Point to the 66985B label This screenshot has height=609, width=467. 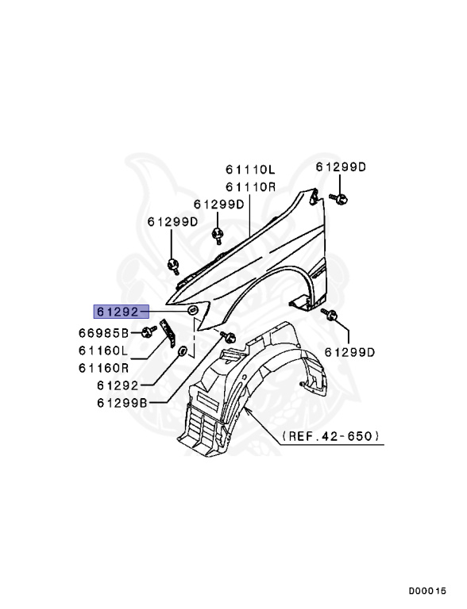coord(103,332)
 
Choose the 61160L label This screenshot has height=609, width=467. coord(103,350)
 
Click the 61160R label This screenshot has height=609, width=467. coord(103,367)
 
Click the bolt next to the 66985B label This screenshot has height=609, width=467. coord(147,331)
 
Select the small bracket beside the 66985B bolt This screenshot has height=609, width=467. coord(168,332)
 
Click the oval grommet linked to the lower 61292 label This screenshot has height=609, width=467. coord(183,350)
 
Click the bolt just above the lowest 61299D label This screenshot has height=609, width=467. coord(333,317)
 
